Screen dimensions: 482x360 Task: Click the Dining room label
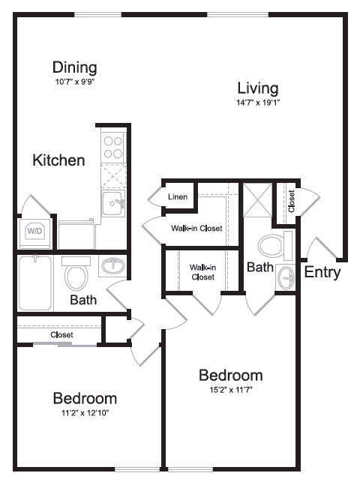click(x=75, y=67)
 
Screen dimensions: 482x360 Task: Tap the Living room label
click(x=257, y=88)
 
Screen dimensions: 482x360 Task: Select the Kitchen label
click(x=58, y=160)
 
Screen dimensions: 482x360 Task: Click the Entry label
click(x=322, y=272)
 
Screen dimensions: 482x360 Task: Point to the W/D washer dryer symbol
click(x=35, y=232)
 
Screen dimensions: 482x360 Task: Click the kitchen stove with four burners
click(x=113, y=146)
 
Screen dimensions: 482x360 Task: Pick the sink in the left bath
click(x=114, y=266)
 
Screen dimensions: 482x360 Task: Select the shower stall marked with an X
click(x=256, y=199)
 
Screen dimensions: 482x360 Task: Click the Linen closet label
click(x=178, y=197)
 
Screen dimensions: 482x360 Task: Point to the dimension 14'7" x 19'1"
click(x=257, y=102)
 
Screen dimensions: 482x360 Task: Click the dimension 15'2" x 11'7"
click(x=230, y=389)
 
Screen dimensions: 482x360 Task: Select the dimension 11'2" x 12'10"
click(x=84, y=412)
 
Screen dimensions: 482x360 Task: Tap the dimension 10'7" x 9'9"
click(x=75, y=80)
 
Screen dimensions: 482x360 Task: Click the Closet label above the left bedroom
click(x=61, y=334)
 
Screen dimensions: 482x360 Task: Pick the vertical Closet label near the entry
click(x=291, y=200)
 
